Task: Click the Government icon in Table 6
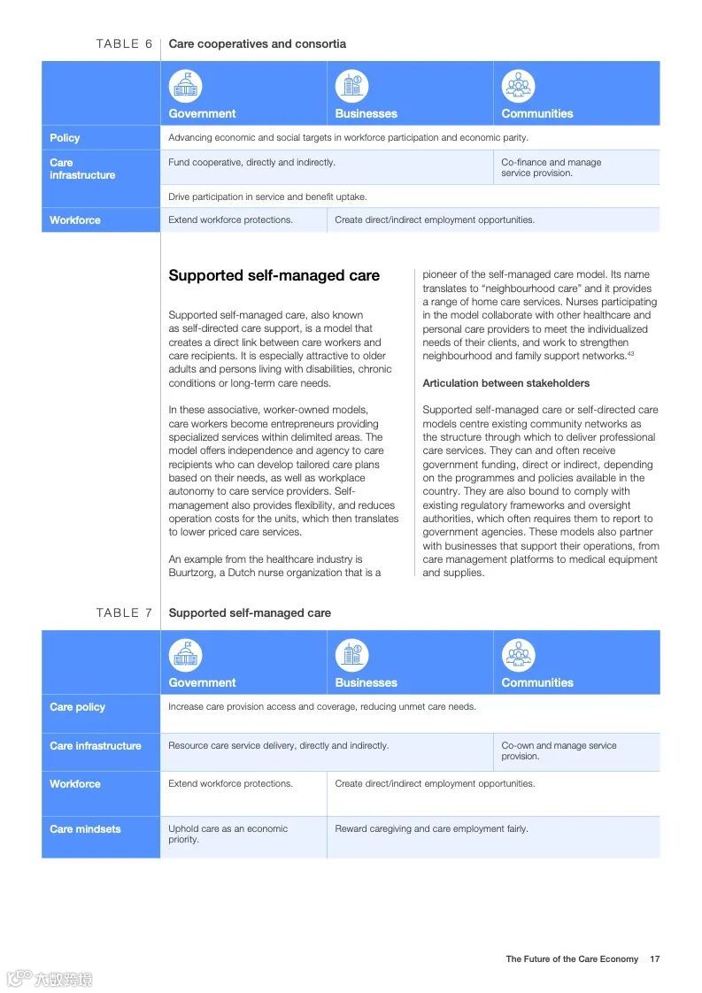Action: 186,87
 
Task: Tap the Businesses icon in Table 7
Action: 351,656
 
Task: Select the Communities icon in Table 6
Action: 518,87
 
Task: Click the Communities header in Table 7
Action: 536,682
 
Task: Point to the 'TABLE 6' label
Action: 124,43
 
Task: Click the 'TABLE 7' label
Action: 124,612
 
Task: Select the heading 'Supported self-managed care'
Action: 274,275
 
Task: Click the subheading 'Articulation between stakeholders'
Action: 505,383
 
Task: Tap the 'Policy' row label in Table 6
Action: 65,138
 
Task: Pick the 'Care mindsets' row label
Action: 85,829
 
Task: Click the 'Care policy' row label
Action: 77,707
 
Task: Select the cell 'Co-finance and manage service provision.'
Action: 551,167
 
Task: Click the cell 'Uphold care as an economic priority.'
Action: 228,834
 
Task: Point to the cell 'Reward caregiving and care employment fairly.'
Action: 431,829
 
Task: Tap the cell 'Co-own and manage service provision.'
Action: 559,751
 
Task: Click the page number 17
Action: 654,958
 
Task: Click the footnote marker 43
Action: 630,354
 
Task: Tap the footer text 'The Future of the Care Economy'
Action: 572,958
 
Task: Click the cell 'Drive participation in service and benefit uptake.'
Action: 267,196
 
